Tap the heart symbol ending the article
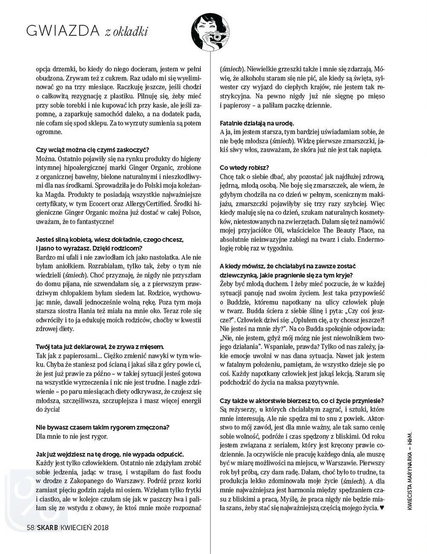tap(382, 508)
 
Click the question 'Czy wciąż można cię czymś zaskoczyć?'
tap(92, 150)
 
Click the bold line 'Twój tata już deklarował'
tap(100, 347)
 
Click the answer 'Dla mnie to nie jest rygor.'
tap(72, 436)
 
